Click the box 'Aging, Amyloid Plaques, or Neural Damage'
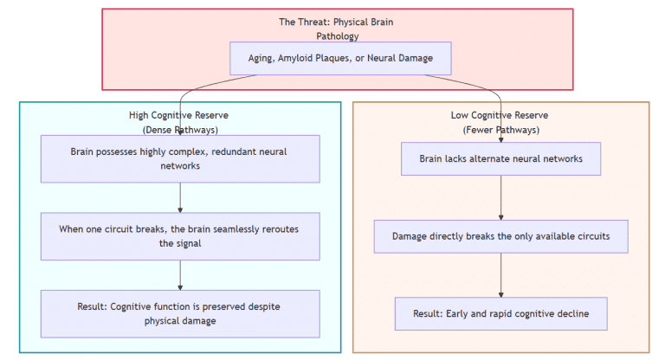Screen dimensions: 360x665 [x=340, y=59]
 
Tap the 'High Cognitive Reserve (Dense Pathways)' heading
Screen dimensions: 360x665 [x=180, y=122]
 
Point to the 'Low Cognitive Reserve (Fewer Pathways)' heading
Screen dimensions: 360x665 [x=500, y=122]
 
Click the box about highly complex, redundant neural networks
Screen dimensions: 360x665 [x=180, y=158]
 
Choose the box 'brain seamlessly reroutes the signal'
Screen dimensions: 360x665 [x=180, y=236]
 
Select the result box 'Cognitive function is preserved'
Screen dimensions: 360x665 [x=180, y=313]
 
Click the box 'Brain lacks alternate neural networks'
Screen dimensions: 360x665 [x=500, y=159]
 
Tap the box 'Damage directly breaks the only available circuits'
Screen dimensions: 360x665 [x=500, y=236]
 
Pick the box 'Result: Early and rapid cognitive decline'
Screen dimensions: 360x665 [x=500, y=313]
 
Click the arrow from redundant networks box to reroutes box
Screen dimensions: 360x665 [x=180, y=197]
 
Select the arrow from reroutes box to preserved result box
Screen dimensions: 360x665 [x=180, y=275]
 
